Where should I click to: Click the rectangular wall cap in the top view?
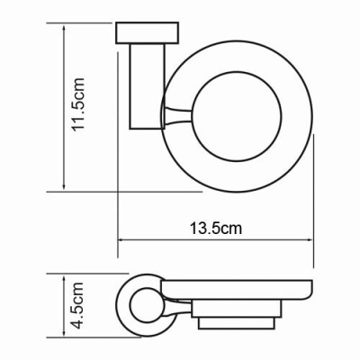(x=139, y=35)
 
